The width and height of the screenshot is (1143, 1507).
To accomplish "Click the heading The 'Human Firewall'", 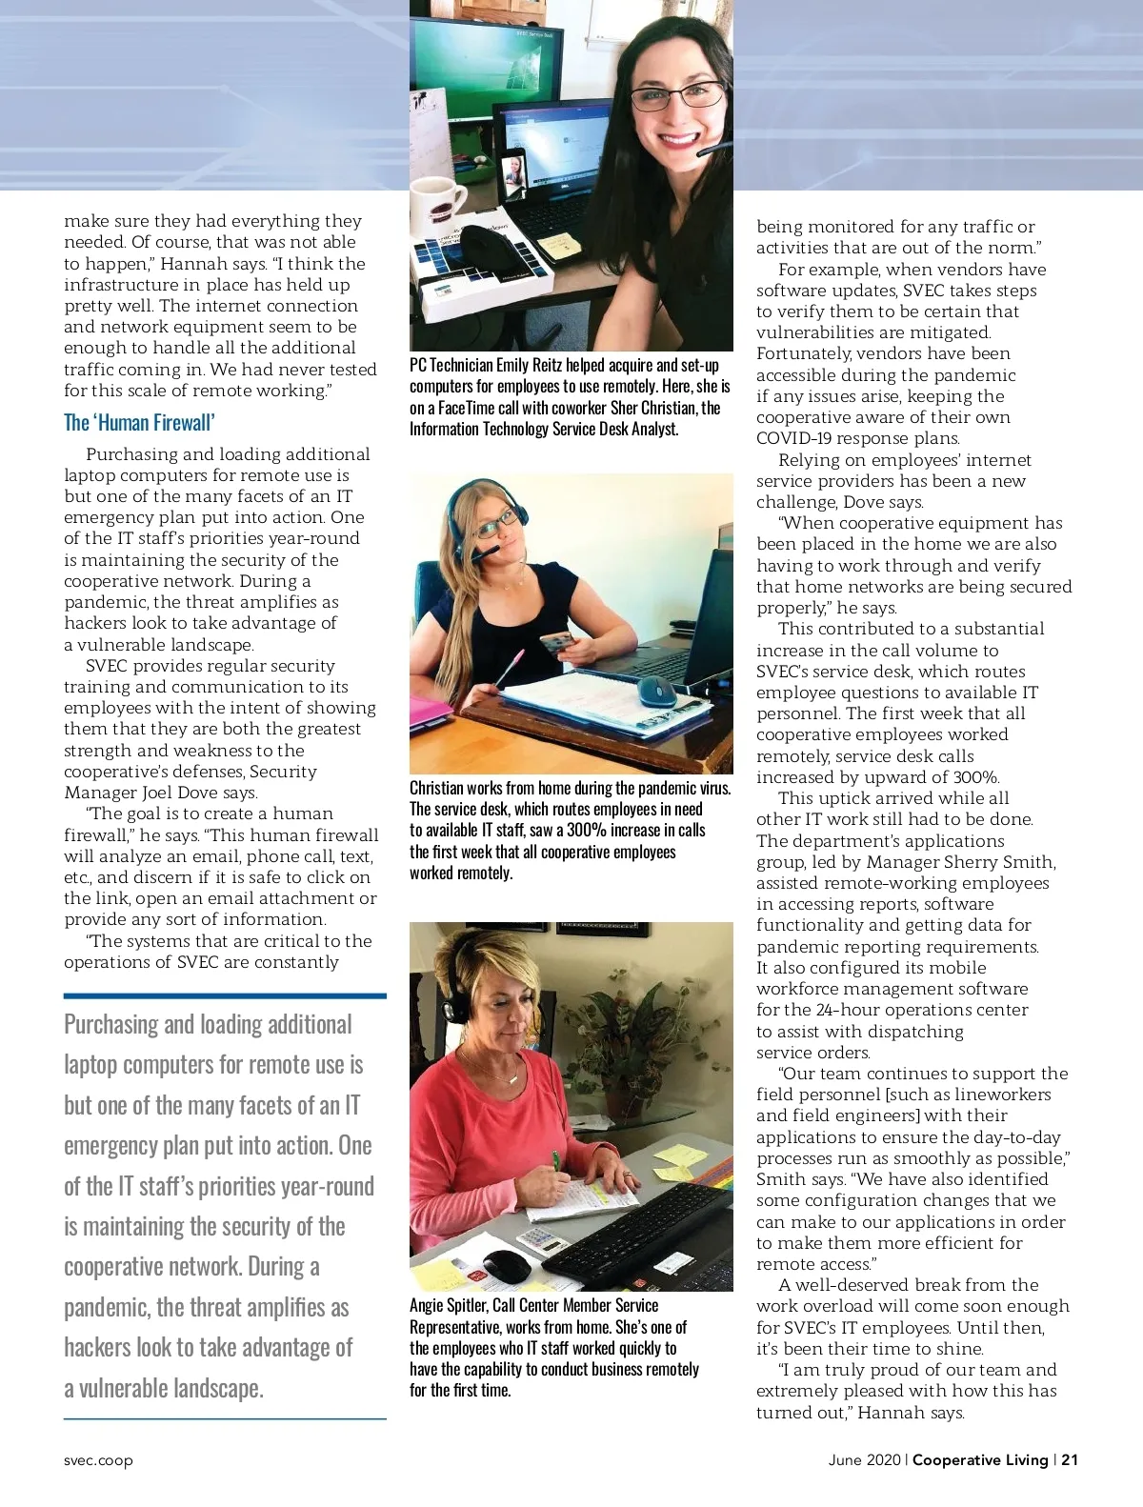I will pos(139,423).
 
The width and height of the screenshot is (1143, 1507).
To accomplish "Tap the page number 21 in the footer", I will pos(1070,1459).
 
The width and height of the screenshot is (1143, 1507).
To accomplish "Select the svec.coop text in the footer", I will pos(98,1460).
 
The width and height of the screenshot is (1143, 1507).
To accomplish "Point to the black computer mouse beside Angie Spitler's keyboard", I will pos(506,1265).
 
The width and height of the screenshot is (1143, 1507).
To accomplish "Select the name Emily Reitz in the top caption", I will pos(529,366).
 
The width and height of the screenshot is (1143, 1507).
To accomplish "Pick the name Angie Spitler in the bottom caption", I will pos(446,1306).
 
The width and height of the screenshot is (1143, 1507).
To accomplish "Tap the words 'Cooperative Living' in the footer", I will pos(980,1459).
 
